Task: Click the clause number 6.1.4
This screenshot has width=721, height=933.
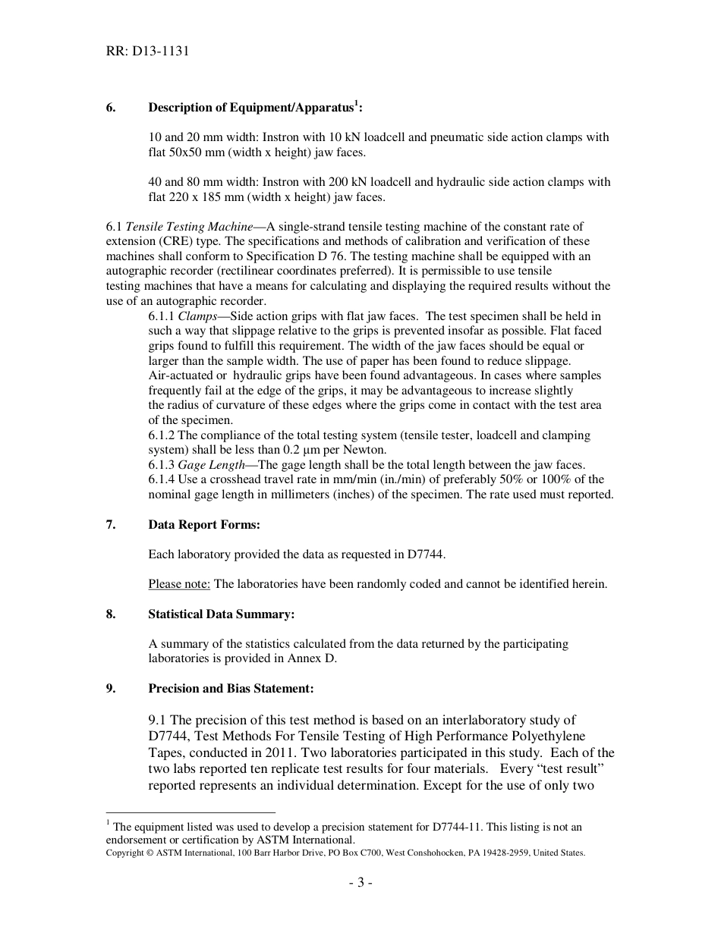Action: point(161,479)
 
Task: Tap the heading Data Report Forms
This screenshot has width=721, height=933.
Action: point(204,525)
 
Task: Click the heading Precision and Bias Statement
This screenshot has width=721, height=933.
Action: point(231,689)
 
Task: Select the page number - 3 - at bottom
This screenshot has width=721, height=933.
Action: point(360,882)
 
